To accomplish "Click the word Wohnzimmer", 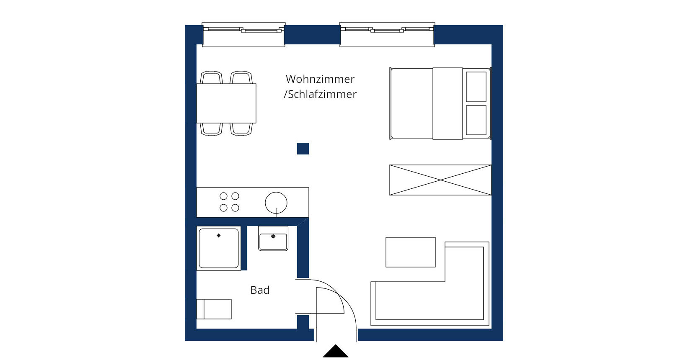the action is pos(320,79).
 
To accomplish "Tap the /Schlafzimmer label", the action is pos(320,94).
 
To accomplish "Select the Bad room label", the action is pos(260,290).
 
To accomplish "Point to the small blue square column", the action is pos(303,149).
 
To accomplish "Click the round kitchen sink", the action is pos(276,203).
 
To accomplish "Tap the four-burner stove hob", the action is pos(229,202).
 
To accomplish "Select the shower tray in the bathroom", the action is pos(219,248).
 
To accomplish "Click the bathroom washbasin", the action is pos(273,239).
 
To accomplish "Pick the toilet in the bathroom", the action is pos(214,309).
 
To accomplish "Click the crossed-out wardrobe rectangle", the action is pos(440,180).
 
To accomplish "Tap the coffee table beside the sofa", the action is pos(410,252).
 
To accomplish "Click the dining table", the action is pos(226,103).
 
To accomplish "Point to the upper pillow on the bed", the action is pos(476,87).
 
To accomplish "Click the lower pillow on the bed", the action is pos(476,120).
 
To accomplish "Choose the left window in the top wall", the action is pos(243,34).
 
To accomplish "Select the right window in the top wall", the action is pos(387,34).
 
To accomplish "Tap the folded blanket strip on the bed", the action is pos(448,103).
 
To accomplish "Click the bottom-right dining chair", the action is pos(241,129).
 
